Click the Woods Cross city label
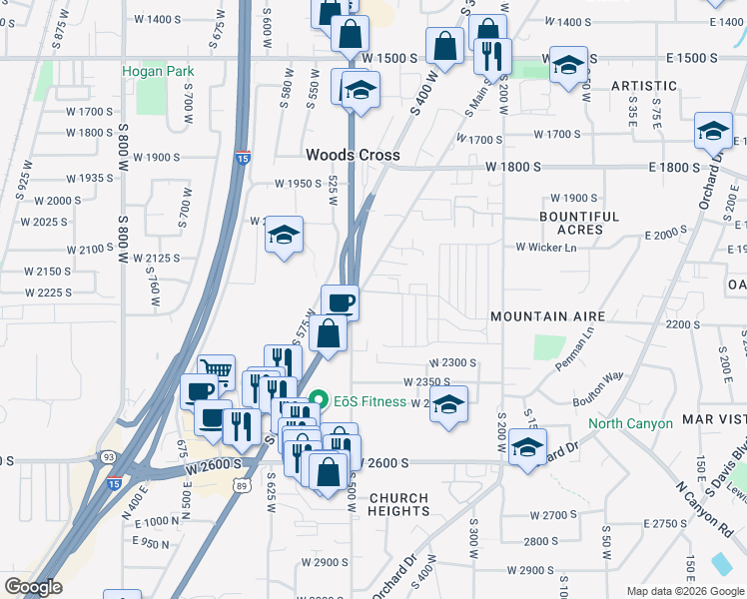point(353,155)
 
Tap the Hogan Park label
point(158,71)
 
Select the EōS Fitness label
point(370,401)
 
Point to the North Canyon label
point(630,423)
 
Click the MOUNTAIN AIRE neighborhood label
point(547,316)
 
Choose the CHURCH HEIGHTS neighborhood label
point(398,504)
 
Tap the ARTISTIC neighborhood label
point(644,86)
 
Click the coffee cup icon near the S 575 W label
point(340,301)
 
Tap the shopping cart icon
point(217,371)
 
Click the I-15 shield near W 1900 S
point(244,157)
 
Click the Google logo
point(33,587)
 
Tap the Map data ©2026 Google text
point(684,591)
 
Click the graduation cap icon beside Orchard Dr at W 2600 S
point(527,447)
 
